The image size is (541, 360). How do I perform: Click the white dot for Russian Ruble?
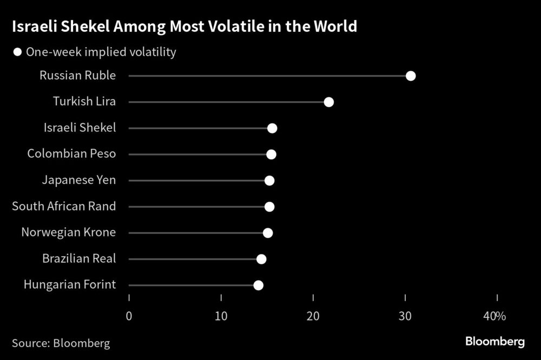[411, 76]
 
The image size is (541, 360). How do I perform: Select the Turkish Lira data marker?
[328, 102]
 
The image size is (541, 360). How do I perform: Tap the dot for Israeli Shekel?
[272, 128]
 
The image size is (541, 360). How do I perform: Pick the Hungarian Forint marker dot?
[258, 285]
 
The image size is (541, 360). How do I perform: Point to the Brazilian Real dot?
[261, 259]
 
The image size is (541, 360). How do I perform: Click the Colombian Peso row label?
[71, 154]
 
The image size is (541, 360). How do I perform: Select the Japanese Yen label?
[79, 180]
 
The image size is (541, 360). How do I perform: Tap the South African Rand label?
[64, 206]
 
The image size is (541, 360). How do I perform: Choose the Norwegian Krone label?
[68, 233]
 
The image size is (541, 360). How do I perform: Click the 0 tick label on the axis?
[129, 316]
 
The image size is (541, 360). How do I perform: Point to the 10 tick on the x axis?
[221, 316]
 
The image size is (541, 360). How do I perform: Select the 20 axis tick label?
[313, 316]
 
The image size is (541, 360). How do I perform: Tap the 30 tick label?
[405, 316]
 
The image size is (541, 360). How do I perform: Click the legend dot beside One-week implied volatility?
[17, 53]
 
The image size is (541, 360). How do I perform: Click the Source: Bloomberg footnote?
[61, 343]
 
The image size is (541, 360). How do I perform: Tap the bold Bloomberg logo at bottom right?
[495, 342]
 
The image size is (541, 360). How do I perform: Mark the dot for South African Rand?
[269, 207]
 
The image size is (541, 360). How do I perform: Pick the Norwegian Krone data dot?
[268, 233]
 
